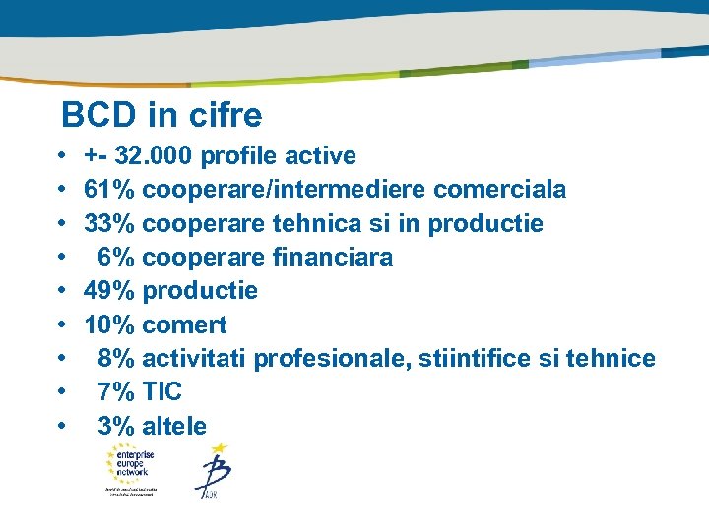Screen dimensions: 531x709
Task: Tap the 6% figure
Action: tap(117, 257)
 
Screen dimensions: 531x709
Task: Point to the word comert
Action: tap(184, 324)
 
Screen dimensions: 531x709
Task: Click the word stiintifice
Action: tap(483, 359)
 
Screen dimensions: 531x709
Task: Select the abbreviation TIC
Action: tap(162, 392)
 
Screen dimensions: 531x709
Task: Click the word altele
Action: tap(174, 426)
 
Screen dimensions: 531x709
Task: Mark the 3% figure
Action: tap(117, 426)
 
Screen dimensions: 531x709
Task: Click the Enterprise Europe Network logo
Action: tap(136, 468)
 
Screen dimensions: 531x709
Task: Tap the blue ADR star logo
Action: tap(212, 470)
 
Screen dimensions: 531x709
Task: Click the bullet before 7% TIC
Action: tap(62, 392)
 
